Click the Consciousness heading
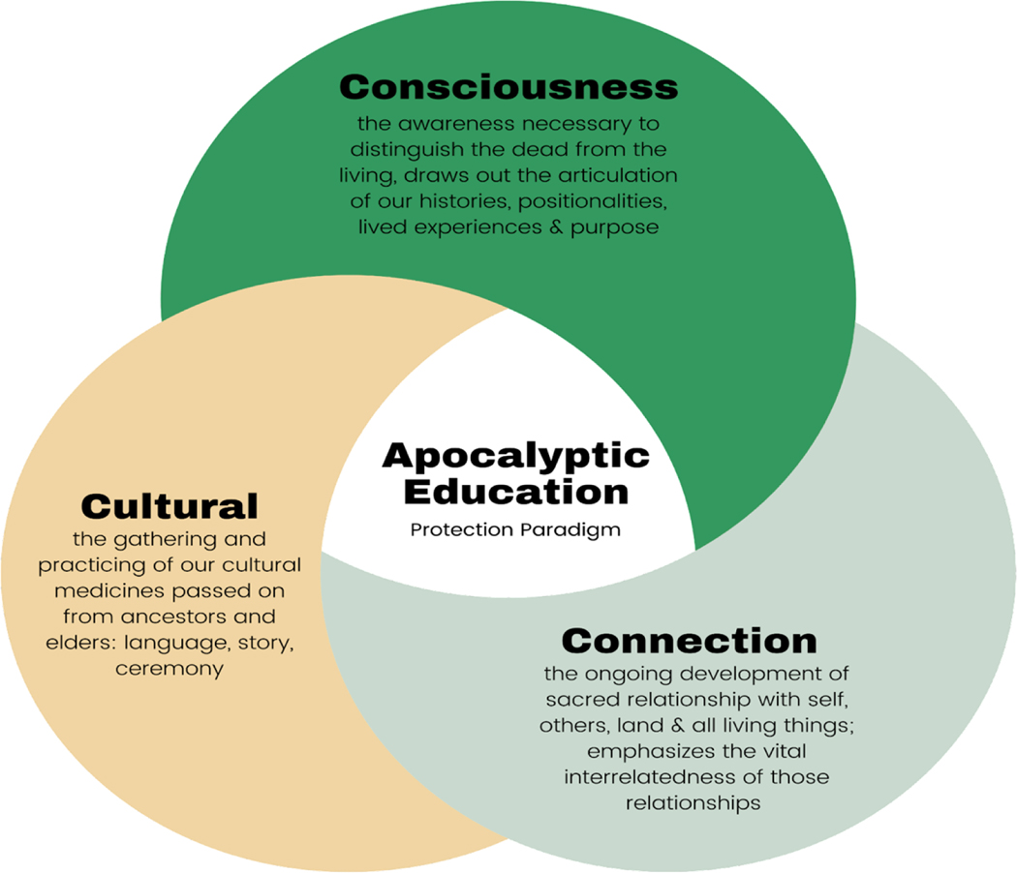click(508, 87)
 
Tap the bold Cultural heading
click(169, 505)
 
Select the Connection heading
click(689, 641)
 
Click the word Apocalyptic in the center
click(515, 456)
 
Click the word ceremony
click(169, 668)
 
